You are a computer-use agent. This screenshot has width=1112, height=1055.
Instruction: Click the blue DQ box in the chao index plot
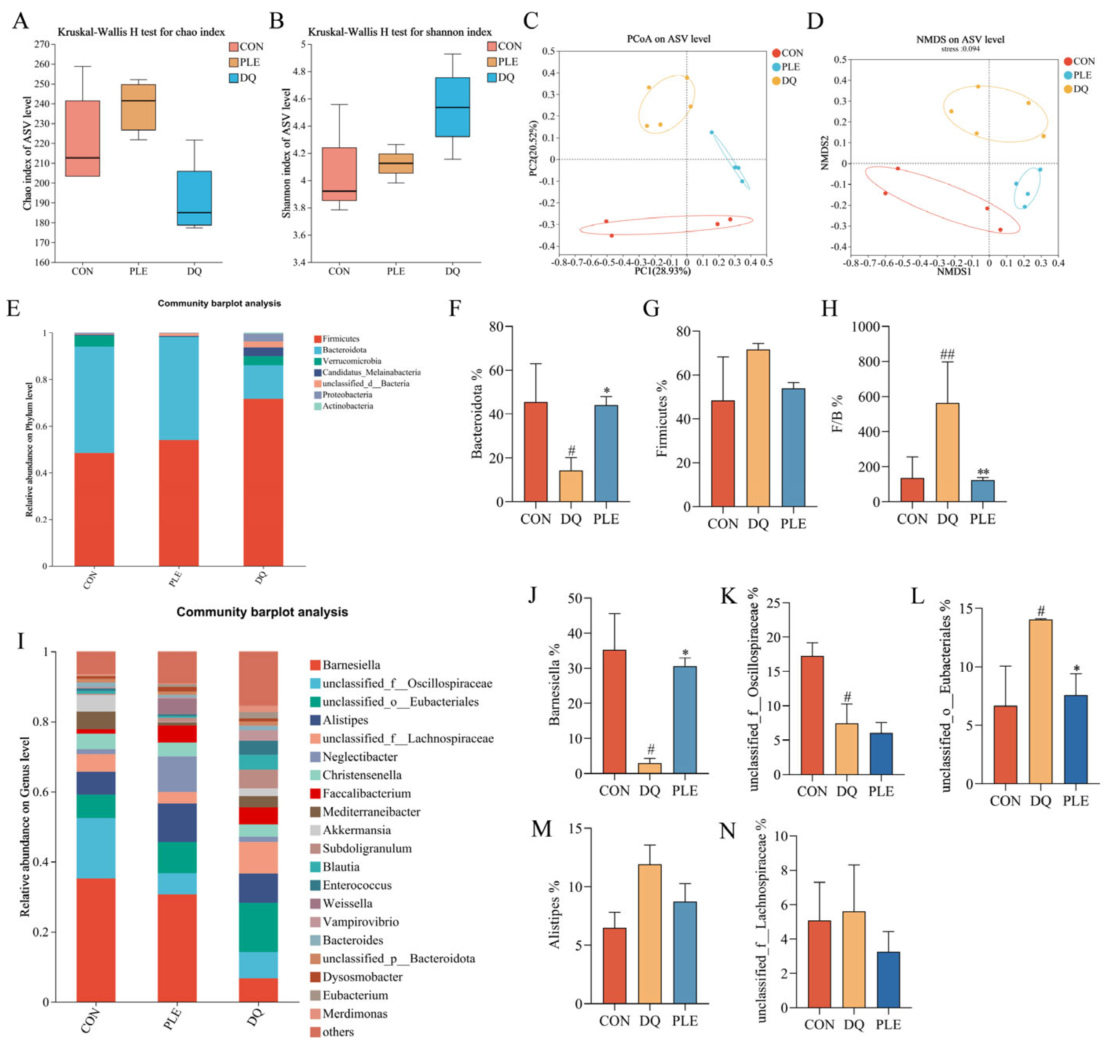tap(194, 198)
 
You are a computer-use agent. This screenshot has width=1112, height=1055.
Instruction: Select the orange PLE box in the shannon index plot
tap(395, 163)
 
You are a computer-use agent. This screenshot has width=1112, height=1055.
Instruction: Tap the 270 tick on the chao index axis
tap(42, 44)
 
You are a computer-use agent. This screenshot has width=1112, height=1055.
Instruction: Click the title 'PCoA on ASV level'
tap(668, 39)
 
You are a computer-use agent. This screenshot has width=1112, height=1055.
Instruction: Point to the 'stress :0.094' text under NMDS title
tap(960, 49)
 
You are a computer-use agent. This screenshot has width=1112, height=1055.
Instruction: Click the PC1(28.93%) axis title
tap(662, 271)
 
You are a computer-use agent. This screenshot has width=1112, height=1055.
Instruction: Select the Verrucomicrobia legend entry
tap(351, 361)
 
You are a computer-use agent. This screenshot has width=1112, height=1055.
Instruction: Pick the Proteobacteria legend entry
tap(346, 395)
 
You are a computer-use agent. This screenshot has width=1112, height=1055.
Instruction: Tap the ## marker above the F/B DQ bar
tap(947, 354)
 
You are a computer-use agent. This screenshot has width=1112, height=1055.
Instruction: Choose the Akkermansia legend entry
tap(356, 830)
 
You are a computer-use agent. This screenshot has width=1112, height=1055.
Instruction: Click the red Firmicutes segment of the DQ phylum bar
tap(263, 482)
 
